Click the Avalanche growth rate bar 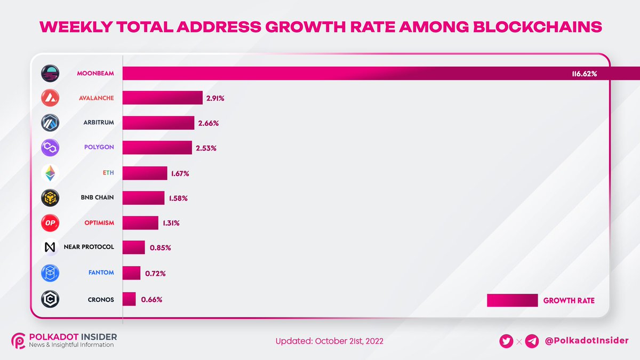pyautogui.click(x=163, y=98)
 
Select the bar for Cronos pyautogui.click(x=129, y=299)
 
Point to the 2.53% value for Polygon pyautogui.click(x=206, y=148)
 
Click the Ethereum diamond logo pyautogui.click(x=50, y=173)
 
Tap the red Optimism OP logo pyautogui.click(x=50, y=223)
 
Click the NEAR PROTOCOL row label pyautogui.click(x=89, y=248)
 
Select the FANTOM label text pyautogui.click(x=101, y=273)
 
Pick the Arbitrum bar pyautogui.click(x=158, y=123)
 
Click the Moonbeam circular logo pyautogui.click(x=50, y=74)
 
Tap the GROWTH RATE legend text pyautogui.click(x=569, y=301)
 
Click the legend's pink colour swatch pyautogui.click(x=512, y=301)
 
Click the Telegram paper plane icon pyautogui.click(x=532, y=341)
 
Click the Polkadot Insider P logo pyautogui.click(x=19, y=341)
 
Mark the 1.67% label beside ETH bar pyautogui.click(x=180, y=173)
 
